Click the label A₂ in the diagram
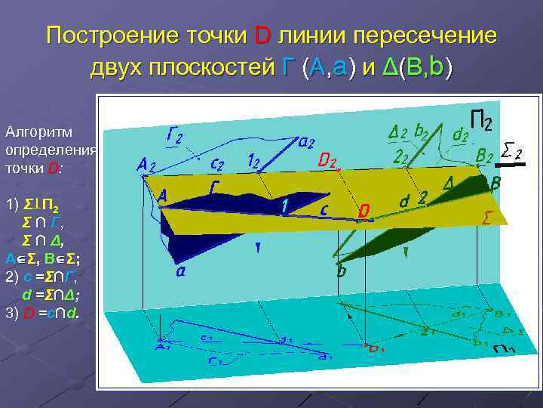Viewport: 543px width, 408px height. coord(146,165)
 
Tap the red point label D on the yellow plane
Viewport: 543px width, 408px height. coord(364,212)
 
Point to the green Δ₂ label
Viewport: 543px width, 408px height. coord(397,133)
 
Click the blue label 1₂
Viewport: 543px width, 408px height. coord(256,161)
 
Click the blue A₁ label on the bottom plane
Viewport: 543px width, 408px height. coord(161,348)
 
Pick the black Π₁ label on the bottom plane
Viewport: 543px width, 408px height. coord(503,349)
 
